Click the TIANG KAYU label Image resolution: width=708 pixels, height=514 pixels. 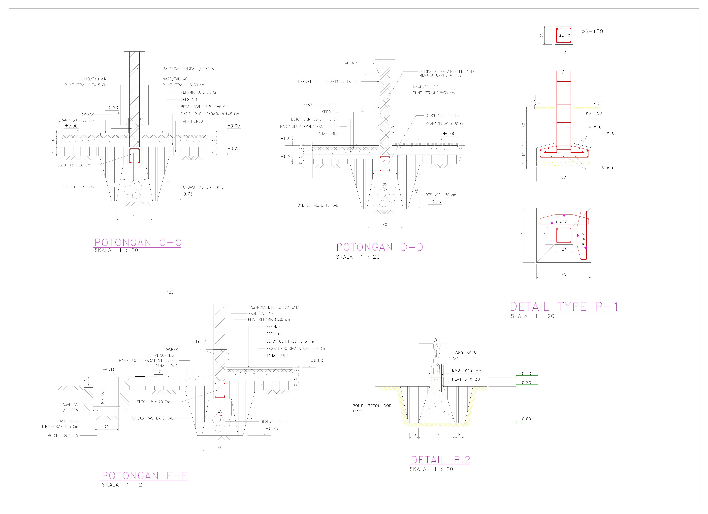click(464, 352)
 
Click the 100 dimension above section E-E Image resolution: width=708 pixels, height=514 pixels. click(170, 292)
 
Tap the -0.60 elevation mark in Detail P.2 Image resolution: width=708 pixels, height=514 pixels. click(525, 419)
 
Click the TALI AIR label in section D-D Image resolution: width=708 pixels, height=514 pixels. click(350, 63)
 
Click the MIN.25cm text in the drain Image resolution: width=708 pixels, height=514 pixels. click(102, 396)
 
